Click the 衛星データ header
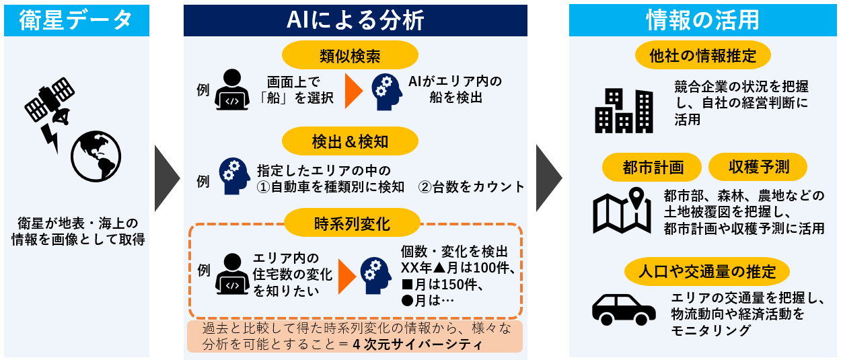tap(77, 20)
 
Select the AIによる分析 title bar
tap(355, 20)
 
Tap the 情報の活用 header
tap(702, 20)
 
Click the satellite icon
tap(50, 102)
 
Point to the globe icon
tap(96, 156)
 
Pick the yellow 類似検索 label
tap(350, 55)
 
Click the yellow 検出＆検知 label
tap(350, 141)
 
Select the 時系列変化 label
tap(352, 223)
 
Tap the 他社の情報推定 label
tap(703, 55)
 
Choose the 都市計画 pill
tap(652, 167)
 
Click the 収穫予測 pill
tap(758, 167)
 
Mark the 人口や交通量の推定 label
tap(707, 271)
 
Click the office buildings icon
tap(624, 111)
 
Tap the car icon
tap(624, 310)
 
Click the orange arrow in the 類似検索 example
tap(354, 91)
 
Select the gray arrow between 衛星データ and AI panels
tap(167, 178)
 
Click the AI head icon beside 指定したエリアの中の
tap(235, 176)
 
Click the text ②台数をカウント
tap(471, 186)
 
